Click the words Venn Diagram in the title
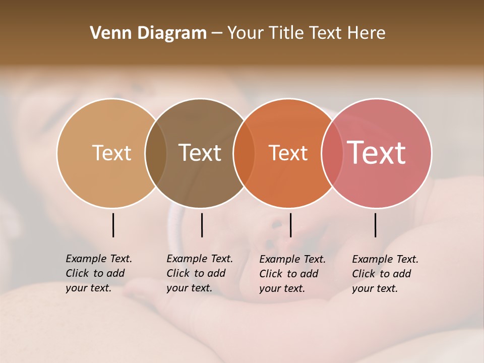tap(148, 33)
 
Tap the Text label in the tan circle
tap(111, 153)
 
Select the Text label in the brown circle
tap(200, 153)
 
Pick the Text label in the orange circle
tap(288, 153)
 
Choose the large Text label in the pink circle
tap(377, 152)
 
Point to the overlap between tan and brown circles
tap(156, 153)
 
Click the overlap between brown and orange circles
tap(244, 153)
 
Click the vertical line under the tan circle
tap(113, 225)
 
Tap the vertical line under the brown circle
tap(202, 225)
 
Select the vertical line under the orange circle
tap(290, 225)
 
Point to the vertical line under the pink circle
tap(376, 225)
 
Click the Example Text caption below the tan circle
tap(98, 273)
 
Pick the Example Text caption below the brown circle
tap(199, 273)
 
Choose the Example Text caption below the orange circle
tap(292, 274)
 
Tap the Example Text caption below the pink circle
tap(385, 274)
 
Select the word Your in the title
tap(245, 33)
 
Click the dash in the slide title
tap(217, 34)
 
